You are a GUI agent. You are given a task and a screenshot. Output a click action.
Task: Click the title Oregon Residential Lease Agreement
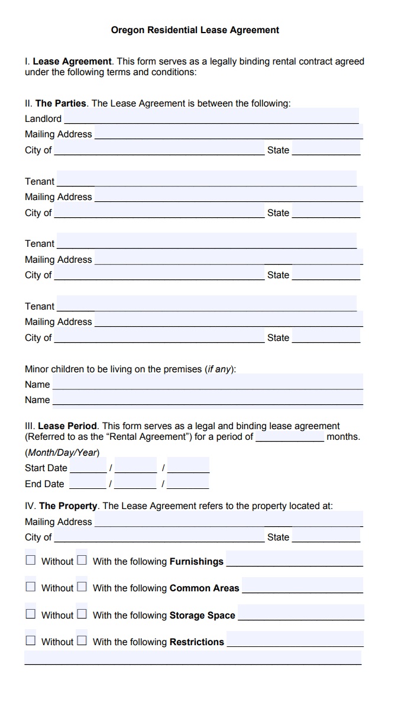(195, 30)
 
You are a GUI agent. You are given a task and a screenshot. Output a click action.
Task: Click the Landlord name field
(210, 117)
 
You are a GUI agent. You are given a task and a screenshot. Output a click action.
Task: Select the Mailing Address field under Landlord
(228, 133)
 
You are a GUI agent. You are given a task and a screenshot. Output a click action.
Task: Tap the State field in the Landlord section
(326, 149)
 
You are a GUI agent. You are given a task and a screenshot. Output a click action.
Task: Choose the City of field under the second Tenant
(159, 274)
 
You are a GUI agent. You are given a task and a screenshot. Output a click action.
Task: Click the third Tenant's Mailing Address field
(228, 321)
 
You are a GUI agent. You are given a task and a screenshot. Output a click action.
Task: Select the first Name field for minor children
(208, 384)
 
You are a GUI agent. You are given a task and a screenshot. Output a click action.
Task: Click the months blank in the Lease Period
(290, 436)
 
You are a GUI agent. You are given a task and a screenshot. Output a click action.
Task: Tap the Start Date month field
(88, 467)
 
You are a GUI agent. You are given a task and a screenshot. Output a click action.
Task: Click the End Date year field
(188, 483)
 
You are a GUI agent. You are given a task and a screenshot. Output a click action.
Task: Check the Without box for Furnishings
(31, 560)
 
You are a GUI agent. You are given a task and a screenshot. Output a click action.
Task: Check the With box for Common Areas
(82, 587)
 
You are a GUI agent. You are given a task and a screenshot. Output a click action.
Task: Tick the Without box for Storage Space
(31, 614)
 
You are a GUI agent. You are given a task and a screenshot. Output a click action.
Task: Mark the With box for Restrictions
(82, 640)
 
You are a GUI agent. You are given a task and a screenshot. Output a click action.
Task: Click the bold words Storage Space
(202, 615)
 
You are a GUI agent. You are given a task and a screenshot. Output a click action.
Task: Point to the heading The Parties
(61, 103)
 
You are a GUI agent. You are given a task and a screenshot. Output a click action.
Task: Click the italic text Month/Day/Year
(62, 452)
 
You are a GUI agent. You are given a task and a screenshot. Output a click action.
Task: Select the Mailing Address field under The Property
(228, 521)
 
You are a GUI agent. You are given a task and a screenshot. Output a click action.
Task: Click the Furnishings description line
(295, 560)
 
